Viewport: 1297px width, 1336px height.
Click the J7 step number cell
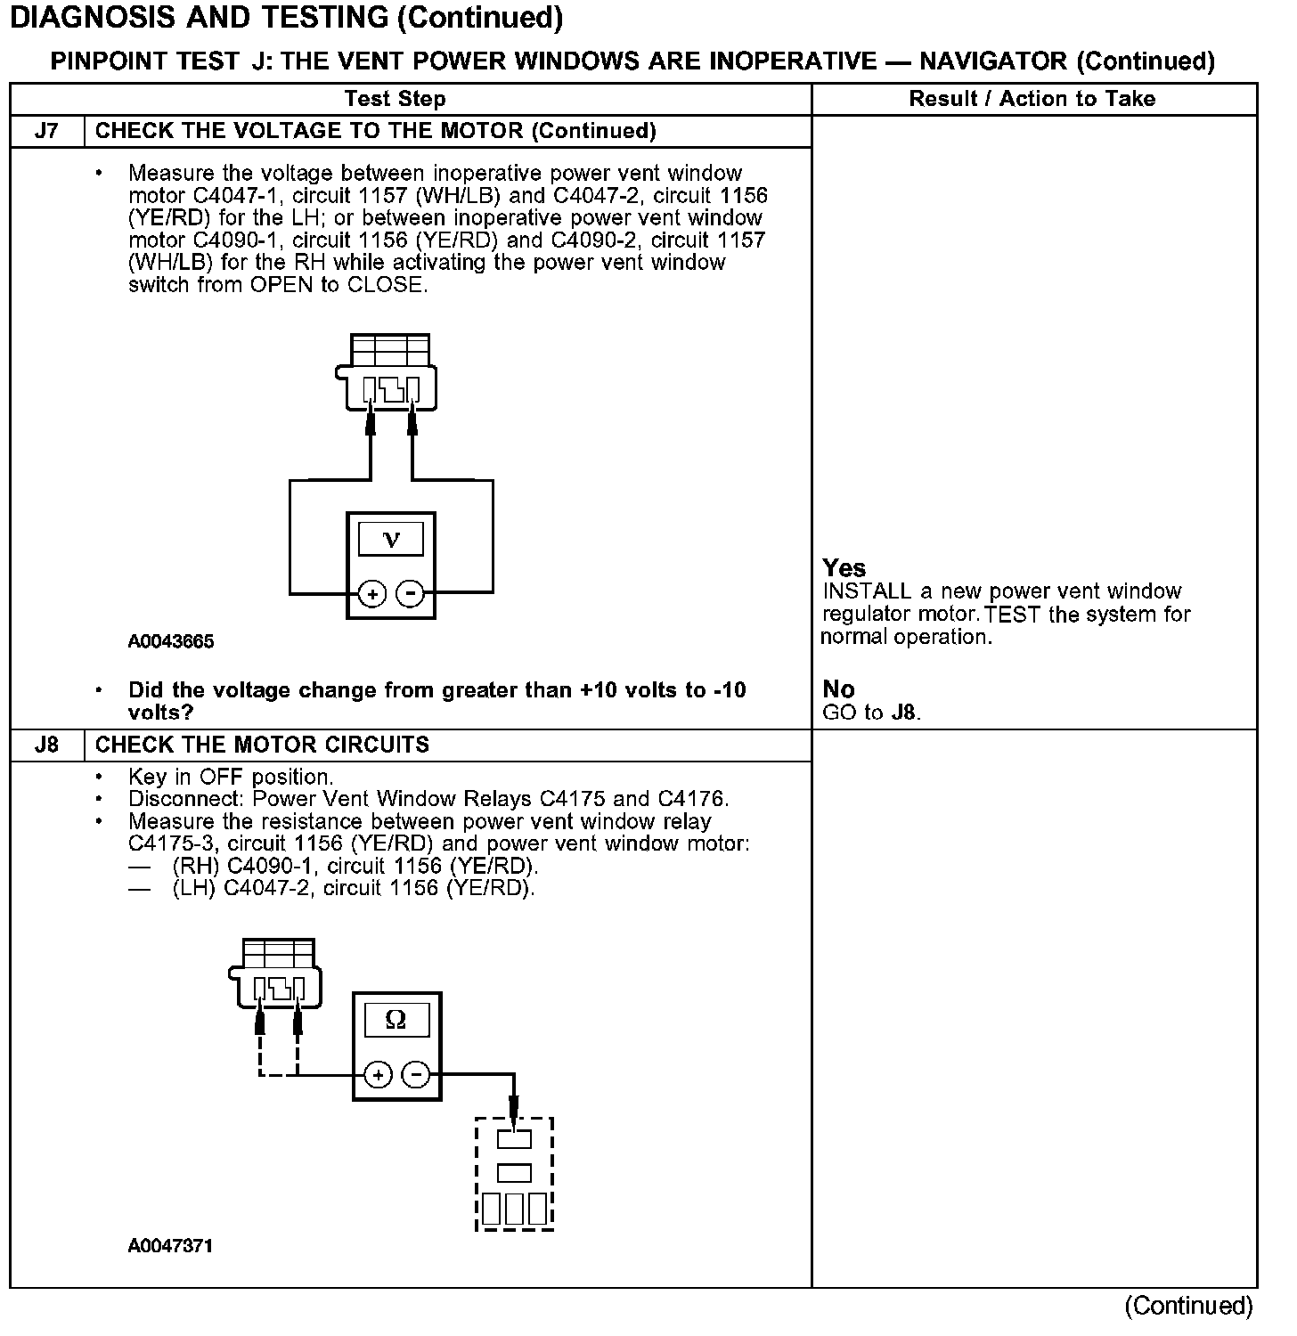pos(46,131)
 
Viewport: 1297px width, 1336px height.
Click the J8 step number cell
pos(46,745)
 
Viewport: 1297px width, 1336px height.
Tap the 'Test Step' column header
pos(395,99)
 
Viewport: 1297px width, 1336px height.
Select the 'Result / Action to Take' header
pos(1032,99)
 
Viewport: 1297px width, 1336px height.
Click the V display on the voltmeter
pos(391,539)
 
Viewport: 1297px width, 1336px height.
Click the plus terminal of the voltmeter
pos(372,593)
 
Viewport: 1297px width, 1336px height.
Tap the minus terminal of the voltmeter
pos(410,593)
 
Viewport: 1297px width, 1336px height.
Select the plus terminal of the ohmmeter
pos(378,1075)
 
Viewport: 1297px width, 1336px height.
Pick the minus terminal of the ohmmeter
pos(416,1075)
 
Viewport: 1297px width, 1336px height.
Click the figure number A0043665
pos(171,642)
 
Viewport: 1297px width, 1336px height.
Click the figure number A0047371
pos(171,1246)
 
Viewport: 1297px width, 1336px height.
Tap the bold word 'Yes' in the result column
pos(844,568)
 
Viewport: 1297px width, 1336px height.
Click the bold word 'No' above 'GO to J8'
pos(838,689)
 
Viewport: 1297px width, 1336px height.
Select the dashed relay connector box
pos(514,1174)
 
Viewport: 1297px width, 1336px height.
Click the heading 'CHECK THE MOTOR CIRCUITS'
pos(262,745)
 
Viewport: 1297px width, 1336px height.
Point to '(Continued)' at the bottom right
pos(1188,1306)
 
